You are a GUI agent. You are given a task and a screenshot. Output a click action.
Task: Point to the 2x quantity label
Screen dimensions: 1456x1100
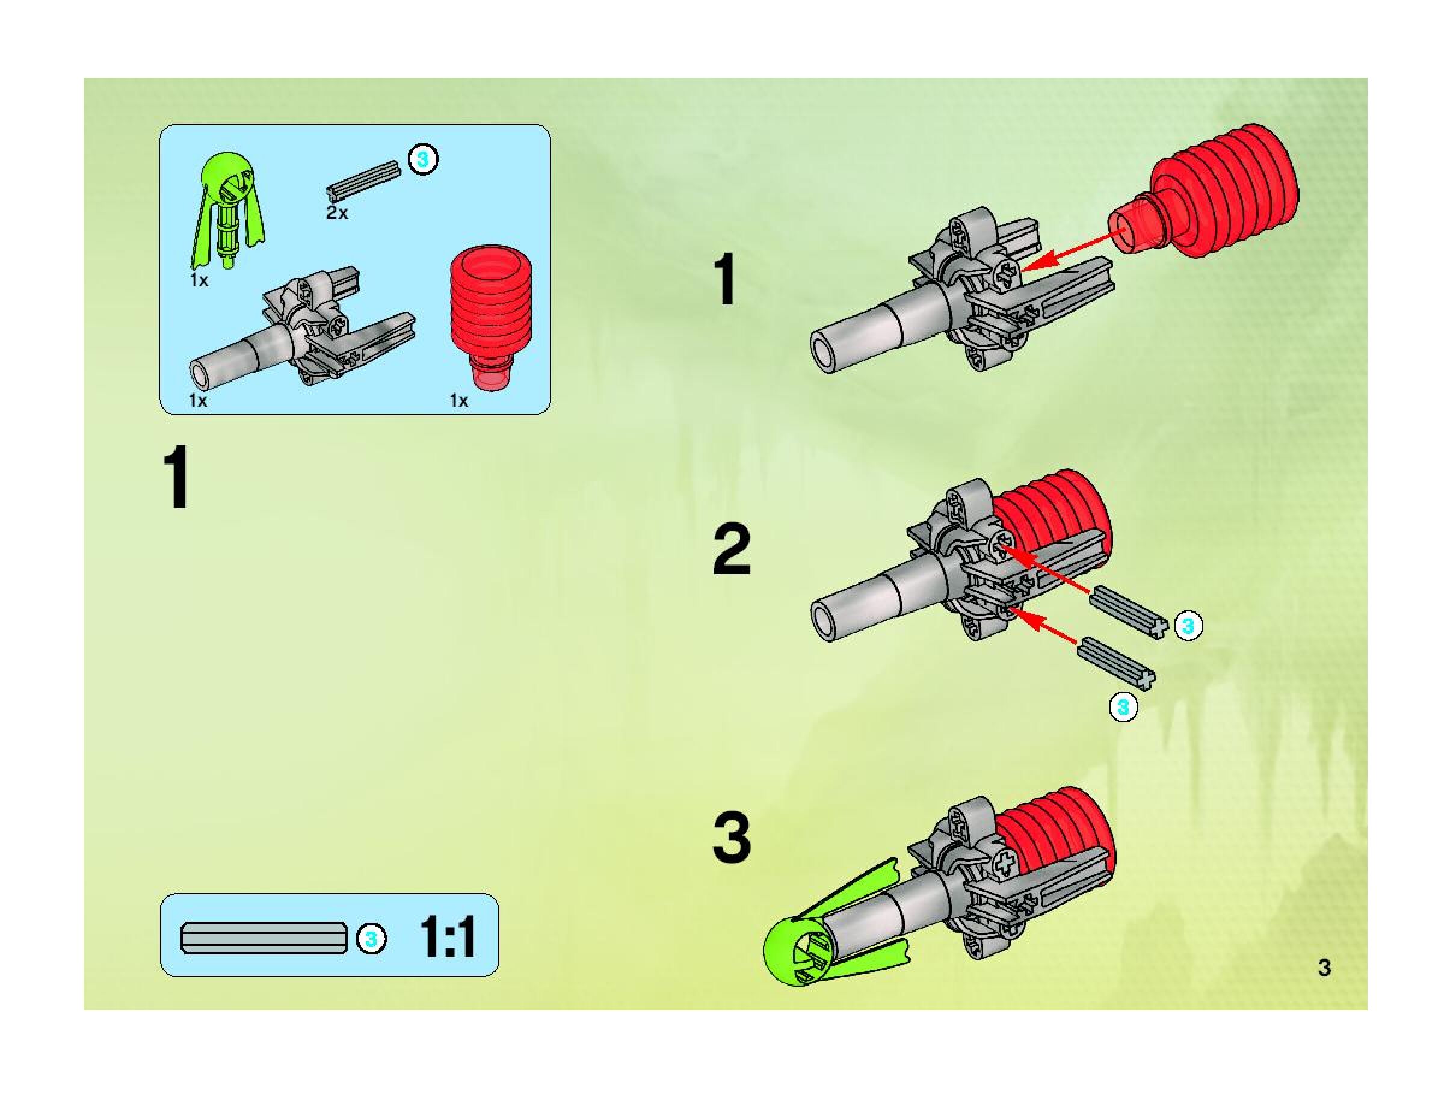pos(336,212)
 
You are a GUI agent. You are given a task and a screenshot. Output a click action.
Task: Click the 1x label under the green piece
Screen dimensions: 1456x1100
pos(199,280)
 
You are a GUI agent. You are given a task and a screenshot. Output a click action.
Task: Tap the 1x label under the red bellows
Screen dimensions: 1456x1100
pos(459,400)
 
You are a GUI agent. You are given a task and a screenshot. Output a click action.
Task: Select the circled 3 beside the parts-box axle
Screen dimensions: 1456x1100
pos(422,159)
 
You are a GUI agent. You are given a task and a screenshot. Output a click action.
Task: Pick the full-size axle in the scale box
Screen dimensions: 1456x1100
pos(264,938)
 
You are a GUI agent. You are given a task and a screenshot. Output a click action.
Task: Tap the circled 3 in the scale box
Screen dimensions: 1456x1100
pos(371,939)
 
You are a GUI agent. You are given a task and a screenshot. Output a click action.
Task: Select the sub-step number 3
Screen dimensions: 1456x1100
pos(731,839)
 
